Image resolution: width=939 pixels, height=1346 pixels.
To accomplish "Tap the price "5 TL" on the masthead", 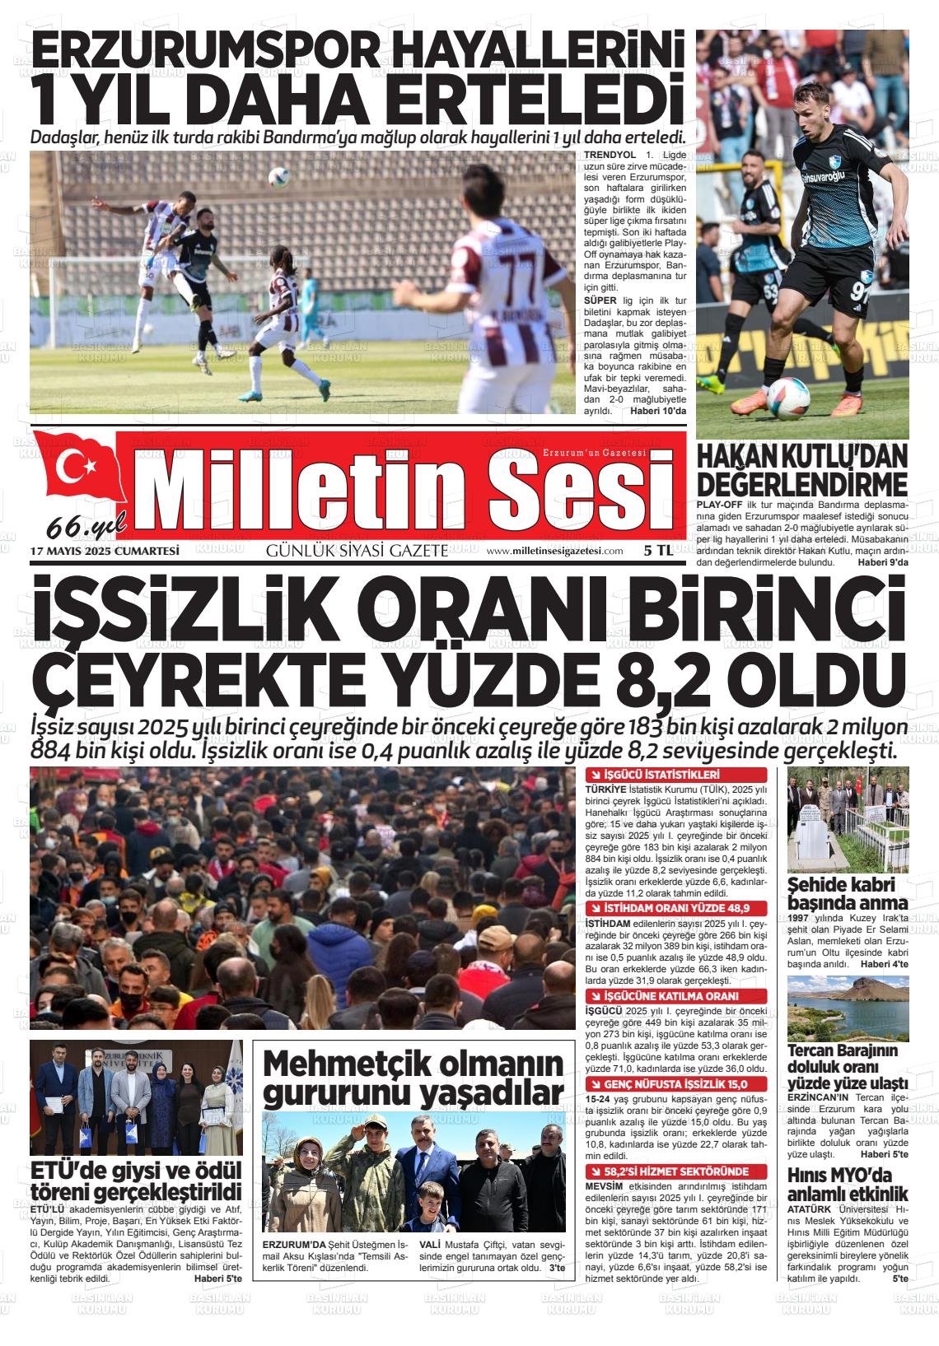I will tap(659, 552).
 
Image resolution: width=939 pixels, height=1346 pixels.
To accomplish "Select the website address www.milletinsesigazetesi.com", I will tap(554, 552).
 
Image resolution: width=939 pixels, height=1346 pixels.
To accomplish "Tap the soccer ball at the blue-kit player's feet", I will tap(787, 400).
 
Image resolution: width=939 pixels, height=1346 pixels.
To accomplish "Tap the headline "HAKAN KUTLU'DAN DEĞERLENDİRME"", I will tap(801, 469).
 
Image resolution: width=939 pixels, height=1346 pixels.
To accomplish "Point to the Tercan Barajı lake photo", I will tap(848, 1008).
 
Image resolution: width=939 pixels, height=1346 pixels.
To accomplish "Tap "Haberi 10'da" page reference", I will tap(657, 410).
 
